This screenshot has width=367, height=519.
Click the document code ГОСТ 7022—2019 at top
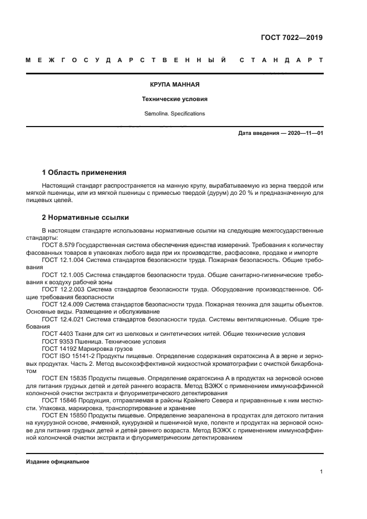pyautogui.click(x=291, y=38)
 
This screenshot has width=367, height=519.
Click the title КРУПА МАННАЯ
pyautogui.click(x=174, y=85)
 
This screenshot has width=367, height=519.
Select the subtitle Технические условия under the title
pyautogui.click(x=174, y=99)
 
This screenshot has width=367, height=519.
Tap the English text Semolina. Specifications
pyautogui.click(x=174, y=113)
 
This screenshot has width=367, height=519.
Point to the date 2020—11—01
pyautogui.click(x=304, y=133)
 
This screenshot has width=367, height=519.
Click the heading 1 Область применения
pyautogui.click(x=84, y=172)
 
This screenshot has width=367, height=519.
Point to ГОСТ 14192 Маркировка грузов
pyautogui.click(x=89, y=349)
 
